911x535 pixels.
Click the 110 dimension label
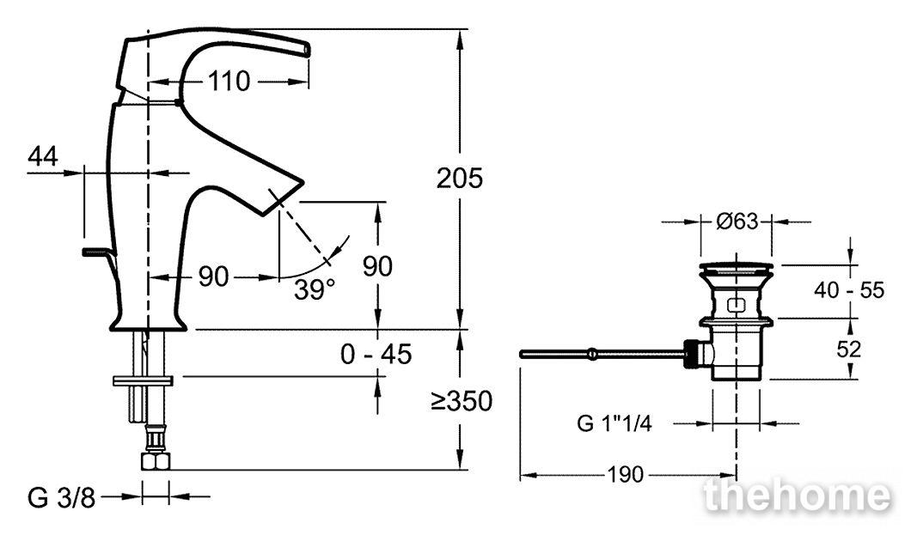pos(229,82)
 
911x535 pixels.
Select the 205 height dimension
pos(459,178)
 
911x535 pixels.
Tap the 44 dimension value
pos(43,156)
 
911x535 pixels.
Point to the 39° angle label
pos(315,289)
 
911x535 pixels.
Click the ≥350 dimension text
pos(462,400)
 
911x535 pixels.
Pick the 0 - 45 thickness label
pos(376,354)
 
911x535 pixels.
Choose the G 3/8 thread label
pos(61,498)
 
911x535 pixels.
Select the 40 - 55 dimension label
pos(849,289)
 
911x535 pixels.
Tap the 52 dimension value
pos(849,349)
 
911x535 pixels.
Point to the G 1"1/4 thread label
pos(614,423)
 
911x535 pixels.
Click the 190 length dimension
pos(626,475)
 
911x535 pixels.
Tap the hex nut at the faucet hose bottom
pos(156,461)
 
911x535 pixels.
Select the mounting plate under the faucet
pos(143,380)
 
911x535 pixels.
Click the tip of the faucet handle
pos(307,49)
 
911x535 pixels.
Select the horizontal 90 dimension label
pos(214,277)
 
